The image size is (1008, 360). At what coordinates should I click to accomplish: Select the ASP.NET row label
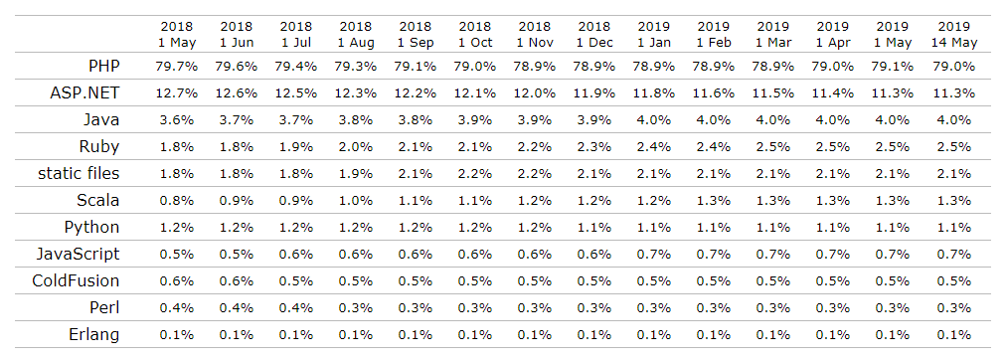pos(86,92)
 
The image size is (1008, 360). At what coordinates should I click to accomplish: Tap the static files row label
pos(79,174)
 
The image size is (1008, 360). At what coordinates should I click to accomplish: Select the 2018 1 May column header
pos(178,34)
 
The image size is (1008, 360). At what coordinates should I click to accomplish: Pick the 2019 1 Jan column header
pos(654,34)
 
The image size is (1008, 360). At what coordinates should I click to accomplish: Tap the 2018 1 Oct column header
pos(475,34)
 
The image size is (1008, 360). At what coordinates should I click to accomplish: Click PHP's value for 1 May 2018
pos(178,67)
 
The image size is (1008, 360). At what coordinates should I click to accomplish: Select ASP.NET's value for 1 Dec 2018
pos(594,93)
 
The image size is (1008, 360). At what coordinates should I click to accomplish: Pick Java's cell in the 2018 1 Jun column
pos(238,120)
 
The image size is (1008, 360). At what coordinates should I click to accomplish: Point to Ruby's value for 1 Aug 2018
pos(357,147)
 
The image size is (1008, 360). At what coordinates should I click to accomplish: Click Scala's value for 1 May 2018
pos(178,201)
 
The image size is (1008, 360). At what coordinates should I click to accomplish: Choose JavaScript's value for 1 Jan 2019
pos(654,255)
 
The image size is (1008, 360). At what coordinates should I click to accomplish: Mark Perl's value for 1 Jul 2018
pos(297,308)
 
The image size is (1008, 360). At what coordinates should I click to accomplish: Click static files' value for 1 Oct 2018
pos(475,174)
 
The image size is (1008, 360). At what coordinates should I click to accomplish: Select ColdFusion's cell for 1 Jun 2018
pos(238,281)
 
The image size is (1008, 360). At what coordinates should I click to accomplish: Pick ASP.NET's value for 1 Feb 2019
pos(714,93)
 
